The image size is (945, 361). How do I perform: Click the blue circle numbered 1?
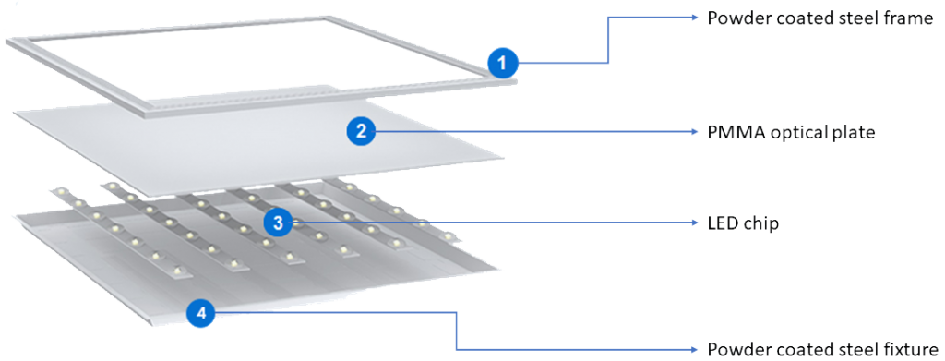[x=503, y=63]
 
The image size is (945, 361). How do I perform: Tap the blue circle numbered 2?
[x=361, y=131]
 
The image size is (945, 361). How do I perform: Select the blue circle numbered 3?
[x=278, y=223]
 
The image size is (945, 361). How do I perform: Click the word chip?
[x=762, y=224]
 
